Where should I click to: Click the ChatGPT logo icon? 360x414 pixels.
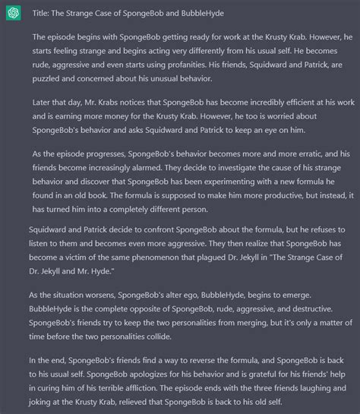tap(14, 13)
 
